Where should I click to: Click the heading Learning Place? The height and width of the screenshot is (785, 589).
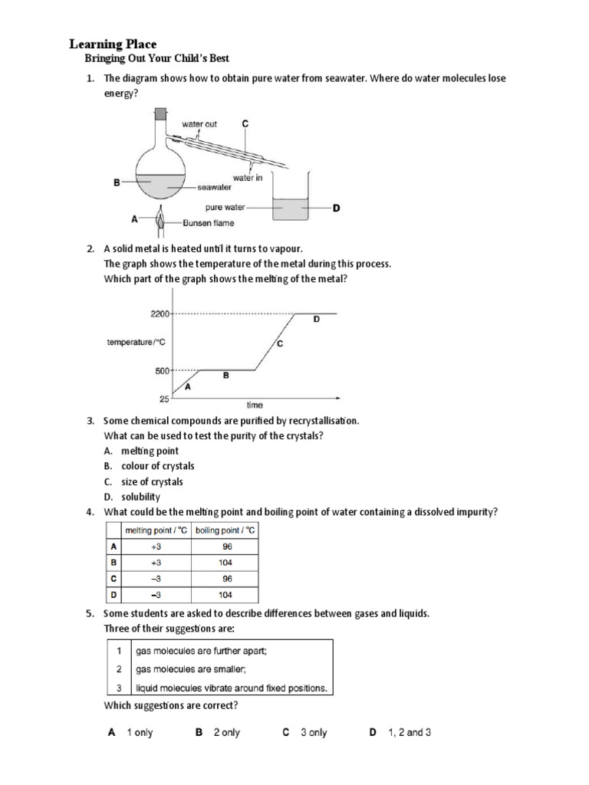pyautogui.click(x=114, y=44)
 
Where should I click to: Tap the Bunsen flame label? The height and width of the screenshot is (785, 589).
pyautogui.click(x=209, y=223)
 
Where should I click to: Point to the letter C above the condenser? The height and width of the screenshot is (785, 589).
pyautogui.click(x=245, y=123)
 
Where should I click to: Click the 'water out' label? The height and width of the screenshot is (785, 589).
pyautogui.click(x=199, y=124)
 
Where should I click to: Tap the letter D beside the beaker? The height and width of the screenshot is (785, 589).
pyautogui.click(x=336, y=207)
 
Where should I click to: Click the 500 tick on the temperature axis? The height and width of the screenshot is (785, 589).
pyautogui.click(x=162, y=371)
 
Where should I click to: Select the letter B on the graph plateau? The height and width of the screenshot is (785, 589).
pyautogui.click(x=225, y=376)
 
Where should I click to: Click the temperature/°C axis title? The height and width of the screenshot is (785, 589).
pyautogui.click(x=136, y=343)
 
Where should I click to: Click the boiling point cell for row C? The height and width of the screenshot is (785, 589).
pyautogui.click(x=227, y=579)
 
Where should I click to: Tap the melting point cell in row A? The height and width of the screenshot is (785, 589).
pyautogui.click(x=156, y=547)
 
